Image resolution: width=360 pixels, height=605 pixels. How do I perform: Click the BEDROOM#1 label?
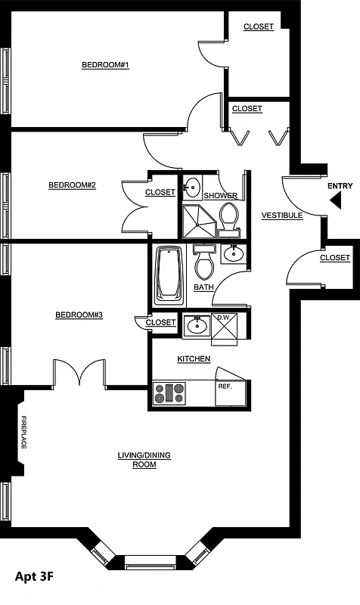tap(105, 65)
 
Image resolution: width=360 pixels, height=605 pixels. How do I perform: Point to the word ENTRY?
tap(340, 186)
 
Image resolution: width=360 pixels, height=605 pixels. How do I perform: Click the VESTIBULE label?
tap(282, 216)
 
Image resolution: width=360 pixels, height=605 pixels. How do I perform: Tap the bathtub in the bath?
tap(168, 273)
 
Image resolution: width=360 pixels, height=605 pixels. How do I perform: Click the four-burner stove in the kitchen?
tap(169, 393)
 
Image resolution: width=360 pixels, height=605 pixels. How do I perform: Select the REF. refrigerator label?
tap(225, 386)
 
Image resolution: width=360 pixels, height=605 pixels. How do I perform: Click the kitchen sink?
tap(196, 325)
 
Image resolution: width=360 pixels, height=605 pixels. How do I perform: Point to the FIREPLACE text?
tap(23, 432)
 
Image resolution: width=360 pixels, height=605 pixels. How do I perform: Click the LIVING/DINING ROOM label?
tap(144, 460)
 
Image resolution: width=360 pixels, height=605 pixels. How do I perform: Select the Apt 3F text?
tap(34, 576)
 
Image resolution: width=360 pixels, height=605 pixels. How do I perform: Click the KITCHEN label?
tap(194, 358)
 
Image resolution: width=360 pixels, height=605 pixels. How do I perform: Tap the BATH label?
tap(203, 287)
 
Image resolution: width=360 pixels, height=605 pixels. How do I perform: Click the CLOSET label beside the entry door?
tap(334, 258)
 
